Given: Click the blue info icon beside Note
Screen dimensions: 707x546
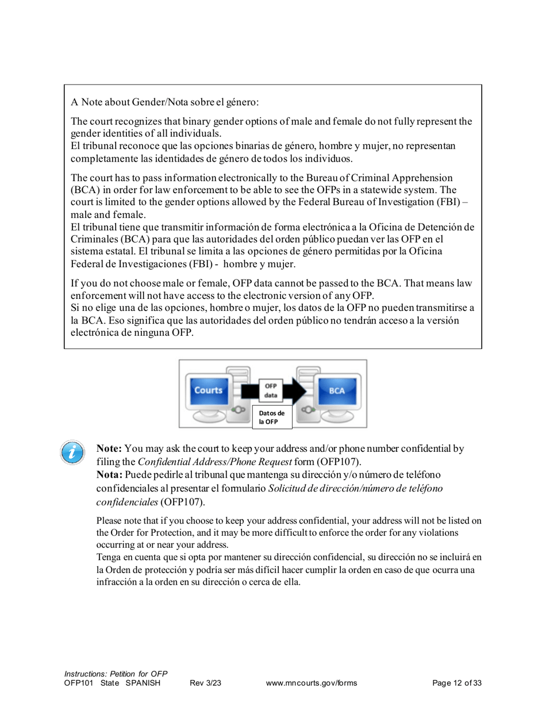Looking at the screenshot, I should (72, 452).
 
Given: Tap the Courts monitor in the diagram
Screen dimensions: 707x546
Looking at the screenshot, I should (208, 390).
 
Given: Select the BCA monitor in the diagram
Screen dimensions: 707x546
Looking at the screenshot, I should (337, 390).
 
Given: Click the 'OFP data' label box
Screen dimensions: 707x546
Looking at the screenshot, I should (268, 391).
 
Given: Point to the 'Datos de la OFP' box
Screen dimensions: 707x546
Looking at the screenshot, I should (272, 417).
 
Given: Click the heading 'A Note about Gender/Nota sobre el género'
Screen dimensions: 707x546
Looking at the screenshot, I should (166, 103).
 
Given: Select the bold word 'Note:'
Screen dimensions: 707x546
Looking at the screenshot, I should (108, 448).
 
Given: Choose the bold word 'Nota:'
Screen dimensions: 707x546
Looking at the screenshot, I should (109, 476).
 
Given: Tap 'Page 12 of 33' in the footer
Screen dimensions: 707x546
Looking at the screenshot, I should (456, 683).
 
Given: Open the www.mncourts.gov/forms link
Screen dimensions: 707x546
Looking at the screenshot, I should (312, 683).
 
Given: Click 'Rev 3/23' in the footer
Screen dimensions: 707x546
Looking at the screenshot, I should (205, 683).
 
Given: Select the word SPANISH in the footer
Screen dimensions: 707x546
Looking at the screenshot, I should (143, 683).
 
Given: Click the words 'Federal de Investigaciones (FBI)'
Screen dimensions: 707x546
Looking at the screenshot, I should (143, 264).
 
